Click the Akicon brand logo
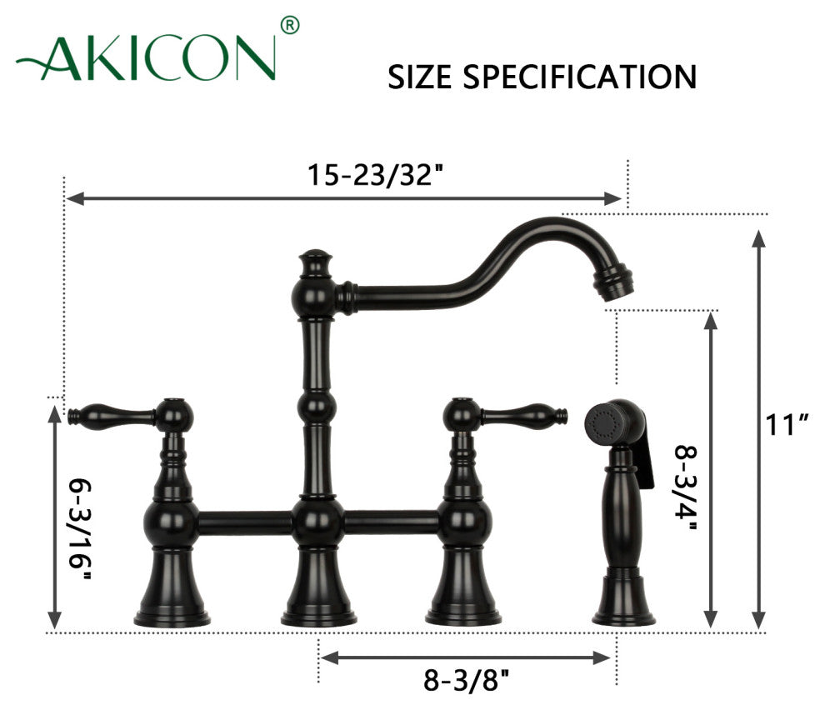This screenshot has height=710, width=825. coord(147,57)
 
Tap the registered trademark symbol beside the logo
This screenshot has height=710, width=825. coord(290,25)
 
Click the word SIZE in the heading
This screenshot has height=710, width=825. coord(419,77)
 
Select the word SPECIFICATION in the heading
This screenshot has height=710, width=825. coord(580,77)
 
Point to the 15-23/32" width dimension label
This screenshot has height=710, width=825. coord(375,175)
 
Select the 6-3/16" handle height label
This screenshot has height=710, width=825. coord(80,529)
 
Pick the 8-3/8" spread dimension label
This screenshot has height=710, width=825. coord(466,680)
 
